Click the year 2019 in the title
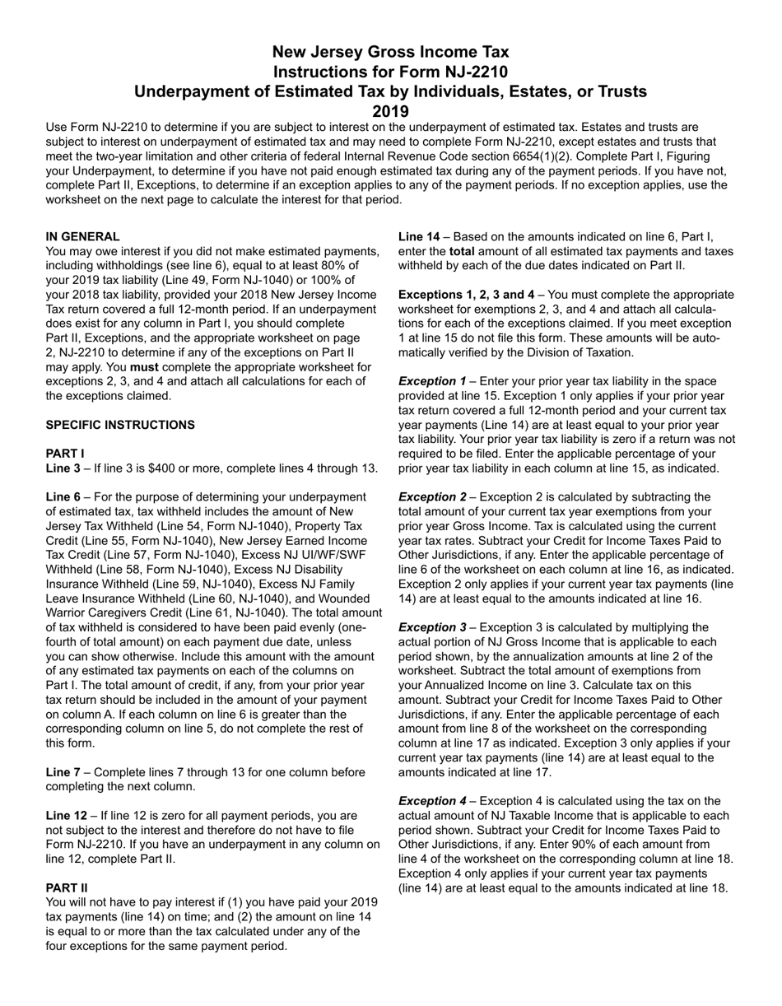tap(390, 111)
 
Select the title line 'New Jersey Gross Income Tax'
tap(390, 51)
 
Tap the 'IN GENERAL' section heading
tap(82, 236)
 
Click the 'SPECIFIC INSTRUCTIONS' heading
tap(120, 425)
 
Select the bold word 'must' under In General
tap(144, 366)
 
